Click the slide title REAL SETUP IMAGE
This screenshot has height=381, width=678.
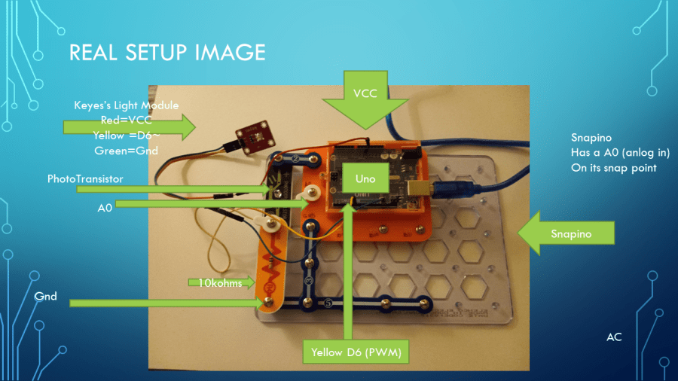click(167, 52)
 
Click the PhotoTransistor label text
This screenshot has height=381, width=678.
click(85, 178)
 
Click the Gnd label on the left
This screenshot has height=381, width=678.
click(46, 296)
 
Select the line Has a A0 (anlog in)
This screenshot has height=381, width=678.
click(621, 153)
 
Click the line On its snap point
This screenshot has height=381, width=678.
click(615, 168)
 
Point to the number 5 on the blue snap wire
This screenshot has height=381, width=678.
click(327, 303)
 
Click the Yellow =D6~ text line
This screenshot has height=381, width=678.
click(126, 136)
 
